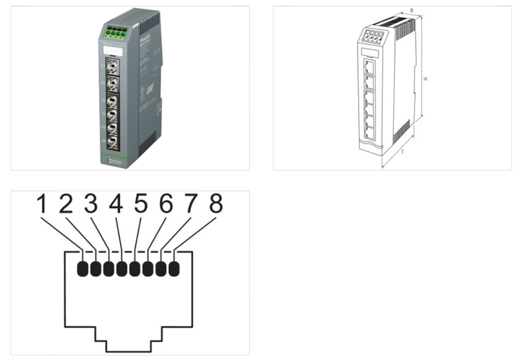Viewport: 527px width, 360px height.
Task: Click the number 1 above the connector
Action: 42,205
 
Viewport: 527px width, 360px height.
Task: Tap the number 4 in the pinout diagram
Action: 116,205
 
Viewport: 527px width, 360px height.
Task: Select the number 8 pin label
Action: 216,205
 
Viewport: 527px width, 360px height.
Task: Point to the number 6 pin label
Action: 166,205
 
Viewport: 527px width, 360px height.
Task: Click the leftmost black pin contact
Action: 82,269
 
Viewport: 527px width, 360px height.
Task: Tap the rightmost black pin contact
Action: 174,269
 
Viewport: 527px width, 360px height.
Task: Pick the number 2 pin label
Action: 67,205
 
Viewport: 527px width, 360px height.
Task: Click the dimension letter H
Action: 426,78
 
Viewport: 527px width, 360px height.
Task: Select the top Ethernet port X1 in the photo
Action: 112,67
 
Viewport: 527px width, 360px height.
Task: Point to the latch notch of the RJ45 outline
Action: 128,346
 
